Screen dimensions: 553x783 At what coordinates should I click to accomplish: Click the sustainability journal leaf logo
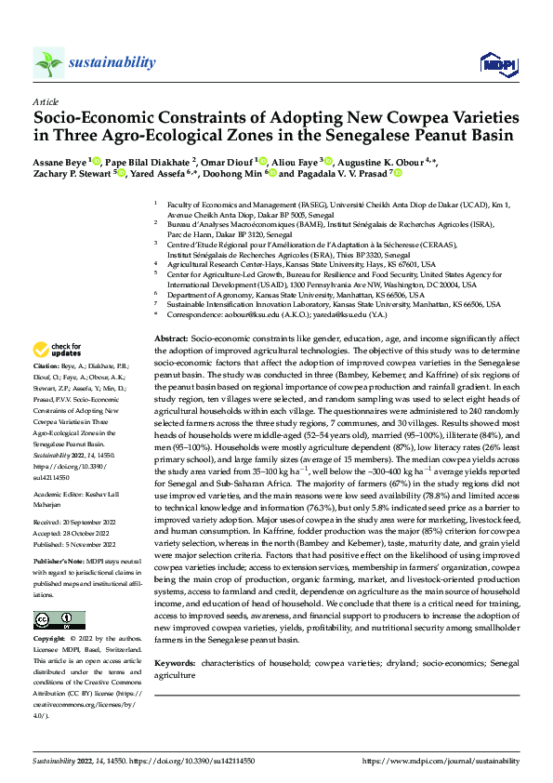[48, 62]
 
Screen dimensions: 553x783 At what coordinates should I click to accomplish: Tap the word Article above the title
[46, 101]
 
